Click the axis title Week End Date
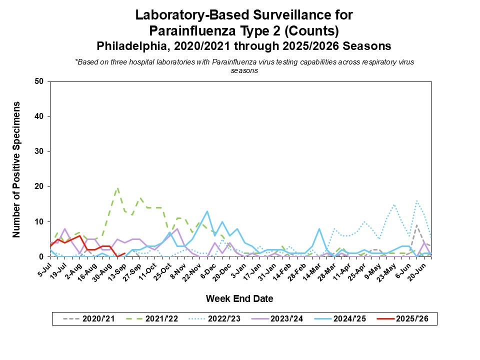[239, 299]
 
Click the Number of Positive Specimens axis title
[16, 169]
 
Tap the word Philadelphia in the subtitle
[129, 46]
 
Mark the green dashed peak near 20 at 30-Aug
[117, 188]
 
